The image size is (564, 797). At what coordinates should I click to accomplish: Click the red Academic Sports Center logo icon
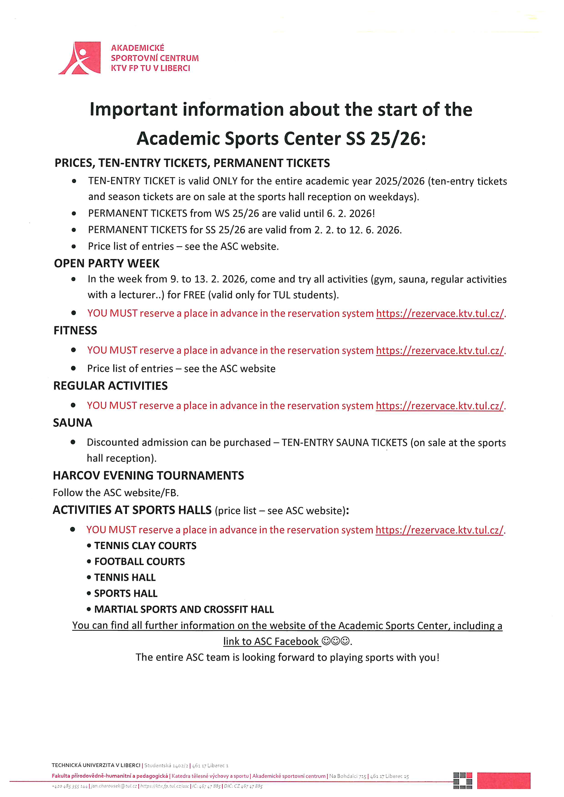tap(80, 58)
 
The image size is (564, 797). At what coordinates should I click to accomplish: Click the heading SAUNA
tap(73, 423)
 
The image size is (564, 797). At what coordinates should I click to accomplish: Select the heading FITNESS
tap(75, 330)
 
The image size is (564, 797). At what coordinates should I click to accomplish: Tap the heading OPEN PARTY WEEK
tap(107, 263)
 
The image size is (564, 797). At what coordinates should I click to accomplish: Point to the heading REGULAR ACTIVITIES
tap(111, 386)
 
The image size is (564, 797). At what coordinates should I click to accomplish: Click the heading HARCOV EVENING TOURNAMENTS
tap(148, 476)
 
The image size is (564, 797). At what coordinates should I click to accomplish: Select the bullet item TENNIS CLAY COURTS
tap(145, 546)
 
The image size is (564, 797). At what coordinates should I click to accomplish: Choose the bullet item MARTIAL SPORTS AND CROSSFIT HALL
tap(184, 609)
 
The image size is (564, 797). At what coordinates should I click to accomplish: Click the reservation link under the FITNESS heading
tap(440, 351)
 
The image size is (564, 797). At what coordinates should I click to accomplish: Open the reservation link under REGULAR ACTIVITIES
tap(440, 406)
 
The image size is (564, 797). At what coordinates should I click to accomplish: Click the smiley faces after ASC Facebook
tap(335, 641)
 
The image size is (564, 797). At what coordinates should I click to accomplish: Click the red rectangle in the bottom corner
tap(504, 780)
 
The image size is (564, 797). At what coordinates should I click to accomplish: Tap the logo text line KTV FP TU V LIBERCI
tap(150, 68)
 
